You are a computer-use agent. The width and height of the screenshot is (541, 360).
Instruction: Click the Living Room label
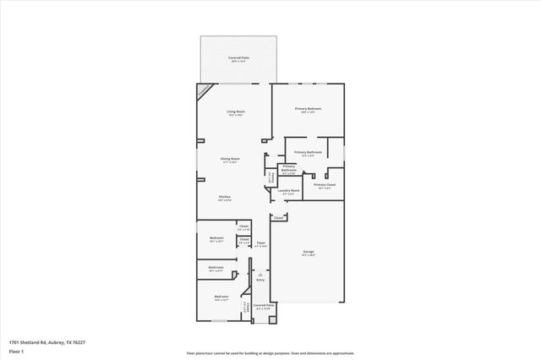click(235, 112)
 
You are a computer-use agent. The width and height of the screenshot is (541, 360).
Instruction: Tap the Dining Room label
click(230, 159)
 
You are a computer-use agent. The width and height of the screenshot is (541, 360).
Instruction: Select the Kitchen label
click(225, 197)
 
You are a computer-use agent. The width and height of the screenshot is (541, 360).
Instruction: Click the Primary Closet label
click(325, 185)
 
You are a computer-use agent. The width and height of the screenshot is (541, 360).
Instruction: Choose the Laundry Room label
click(289, 191)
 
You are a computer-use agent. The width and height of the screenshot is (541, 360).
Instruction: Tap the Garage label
click(309, 253)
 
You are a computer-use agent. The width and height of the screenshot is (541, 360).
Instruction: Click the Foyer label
click(261, 244)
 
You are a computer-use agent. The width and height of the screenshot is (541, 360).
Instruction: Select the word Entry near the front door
click(260, 280)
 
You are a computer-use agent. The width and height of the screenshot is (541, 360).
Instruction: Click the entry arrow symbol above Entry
click(260, 274)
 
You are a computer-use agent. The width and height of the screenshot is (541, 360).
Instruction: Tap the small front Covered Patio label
click(264, 305)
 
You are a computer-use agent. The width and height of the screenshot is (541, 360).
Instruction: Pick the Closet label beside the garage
click(278, 217)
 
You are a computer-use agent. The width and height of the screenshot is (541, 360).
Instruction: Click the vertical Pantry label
click(270, 177)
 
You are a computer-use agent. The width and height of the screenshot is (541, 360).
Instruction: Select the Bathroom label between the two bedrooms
click(216, 269)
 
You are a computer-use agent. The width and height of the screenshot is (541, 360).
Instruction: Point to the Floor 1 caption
click(16, 351)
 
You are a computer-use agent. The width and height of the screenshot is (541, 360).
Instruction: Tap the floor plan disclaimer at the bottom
click(270, 354)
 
